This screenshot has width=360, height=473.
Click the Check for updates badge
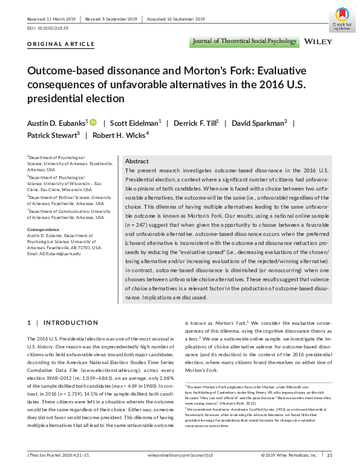pyautogui.click(x=342, y=19)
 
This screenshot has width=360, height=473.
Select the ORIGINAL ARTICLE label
pyautogui.click(x=61, y=44)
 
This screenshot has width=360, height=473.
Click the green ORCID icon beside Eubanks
pyautogui.click(x=93, y=123)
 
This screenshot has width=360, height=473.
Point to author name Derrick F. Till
pyautogui.click(x=195, y=123)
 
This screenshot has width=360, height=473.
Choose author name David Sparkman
pyautogui.click(x=259, y=123)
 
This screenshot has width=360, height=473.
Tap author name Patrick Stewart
pyautogui.click(x=53, y=136)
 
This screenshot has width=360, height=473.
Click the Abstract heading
pyautogui.click(x=136, y=161)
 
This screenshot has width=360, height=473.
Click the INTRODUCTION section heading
pyautogui.click(x=67, y=322)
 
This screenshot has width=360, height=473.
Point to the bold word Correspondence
pyautogui.click(x=44, y=230)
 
